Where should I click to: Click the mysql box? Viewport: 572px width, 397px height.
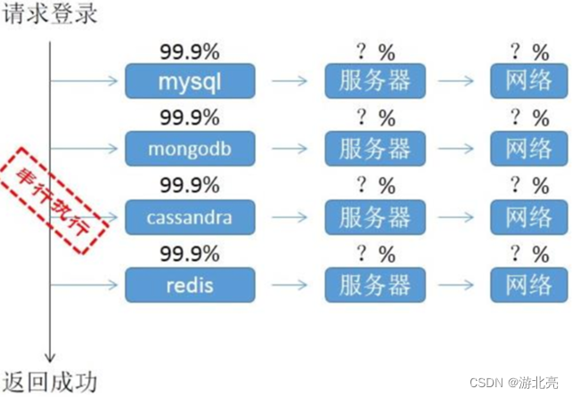coord(189,81)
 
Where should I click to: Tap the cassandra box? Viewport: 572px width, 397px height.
coord(189,217)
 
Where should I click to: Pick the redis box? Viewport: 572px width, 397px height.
coord(189,285)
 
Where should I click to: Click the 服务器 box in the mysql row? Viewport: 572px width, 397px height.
coord(375,81)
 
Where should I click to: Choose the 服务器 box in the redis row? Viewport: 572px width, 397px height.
coord(375,285)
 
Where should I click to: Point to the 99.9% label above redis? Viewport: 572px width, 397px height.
coord(189,254)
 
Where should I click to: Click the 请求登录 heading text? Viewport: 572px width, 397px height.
coord(49,15)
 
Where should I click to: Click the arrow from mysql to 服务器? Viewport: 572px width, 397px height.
coord(289,82)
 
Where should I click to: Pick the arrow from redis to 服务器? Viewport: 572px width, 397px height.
coord(289,286)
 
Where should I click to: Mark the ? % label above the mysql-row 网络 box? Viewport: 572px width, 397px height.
coord(527,51)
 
